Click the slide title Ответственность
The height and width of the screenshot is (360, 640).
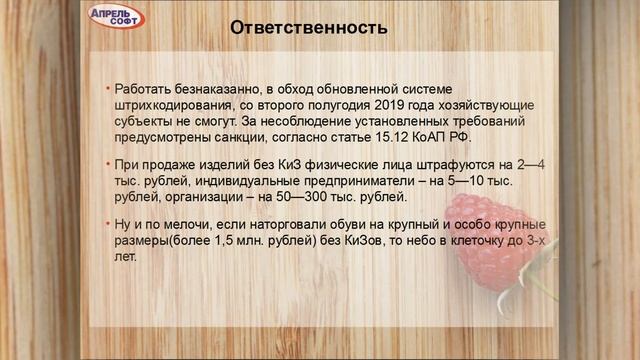[308, 28]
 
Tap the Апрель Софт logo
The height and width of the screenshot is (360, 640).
[117, 17]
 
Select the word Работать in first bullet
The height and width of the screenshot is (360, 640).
[145, 89]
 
